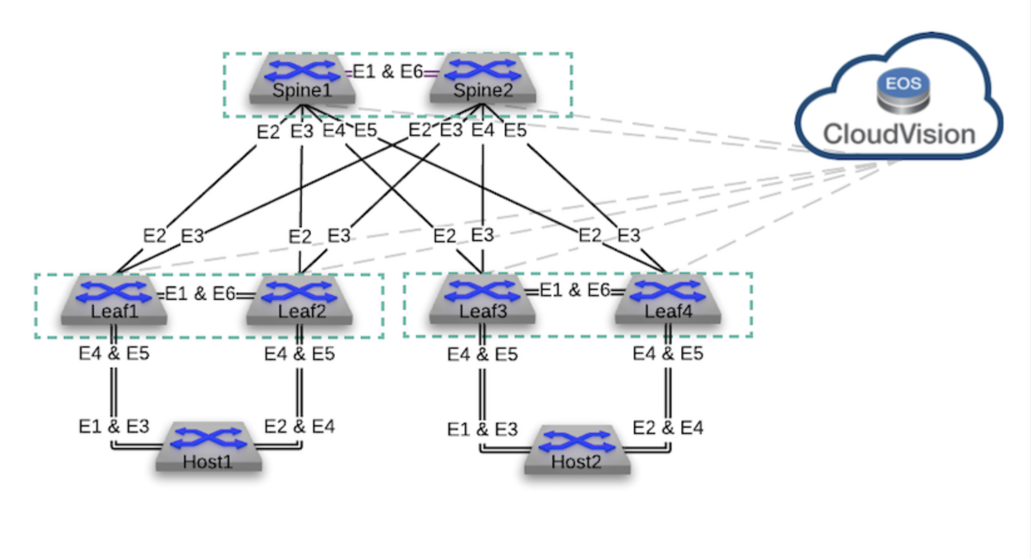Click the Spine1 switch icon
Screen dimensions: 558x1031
(x=303, y=78)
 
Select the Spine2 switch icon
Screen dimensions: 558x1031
(x=483, y=78)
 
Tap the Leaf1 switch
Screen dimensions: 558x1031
(x=114, y=300)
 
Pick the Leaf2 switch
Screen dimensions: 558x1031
(x=299, y=300)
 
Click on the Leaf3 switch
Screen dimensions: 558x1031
(x=482, y=300)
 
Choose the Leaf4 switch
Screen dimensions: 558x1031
(x=668, y=300)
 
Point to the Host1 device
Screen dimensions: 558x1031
(x=209, y=447)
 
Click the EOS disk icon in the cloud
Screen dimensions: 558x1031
(x=903, y=91)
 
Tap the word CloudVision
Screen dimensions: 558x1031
(x=899, y=135)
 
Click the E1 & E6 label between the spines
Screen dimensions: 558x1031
(x=388, y=72)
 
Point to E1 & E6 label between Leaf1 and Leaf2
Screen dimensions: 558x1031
(x=200, y=294)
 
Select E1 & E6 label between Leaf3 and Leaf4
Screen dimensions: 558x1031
(x=574, y=290)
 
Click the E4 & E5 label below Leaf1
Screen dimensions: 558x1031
(x=114, y=354)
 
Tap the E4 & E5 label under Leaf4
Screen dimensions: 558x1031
(x=668, y=354)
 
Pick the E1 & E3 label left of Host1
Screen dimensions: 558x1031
(x=114, y=426)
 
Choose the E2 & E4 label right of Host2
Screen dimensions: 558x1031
(x=668, y=428)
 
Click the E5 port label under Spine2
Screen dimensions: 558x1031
(x=515, y=130)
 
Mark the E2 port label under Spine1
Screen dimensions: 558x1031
(x=268, y=132)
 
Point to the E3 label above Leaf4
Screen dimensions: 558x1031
(x=629, y=235)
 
